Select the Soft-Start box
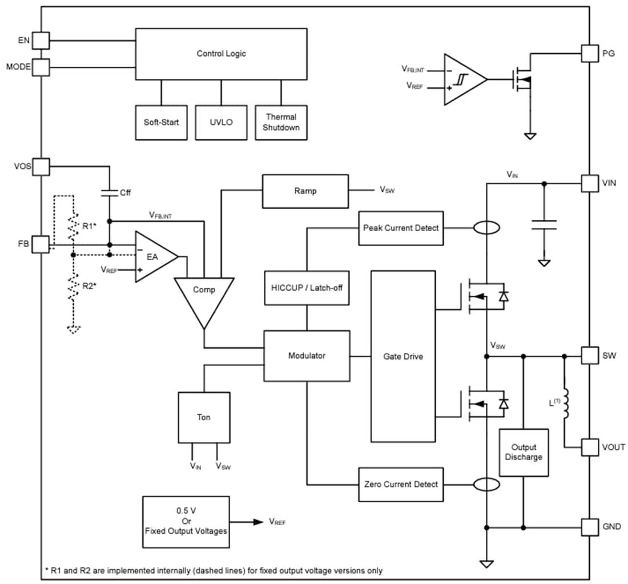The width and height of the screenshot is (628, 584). point(162,122)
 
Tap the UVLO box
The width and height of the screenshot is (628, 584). point(221,122)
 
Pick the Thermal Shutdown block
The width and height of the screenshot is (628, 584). point(281,122)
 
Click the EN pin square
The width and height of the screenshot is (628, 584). point(41,41)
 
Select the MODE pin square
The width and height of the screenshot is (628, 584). point(41,67)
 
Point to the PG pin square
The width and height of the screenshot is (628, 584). point(590,54)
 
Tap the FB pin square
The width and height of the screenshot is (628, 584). point(41,245)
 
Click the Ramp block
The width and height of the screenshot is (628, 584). point(305,191)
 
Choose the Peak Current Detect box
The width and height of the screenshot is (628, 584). point(401,228)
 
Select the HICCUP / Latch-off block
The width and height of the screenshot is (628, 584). point(307,288)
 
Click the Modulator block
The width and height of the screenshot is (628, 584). point(307,356)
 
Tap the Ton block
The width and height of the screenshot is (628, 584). point(204,417)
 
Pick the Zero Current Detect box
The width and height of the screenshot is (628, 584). point(401,484)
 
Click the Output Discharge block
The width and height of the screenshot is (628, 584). point(524,452)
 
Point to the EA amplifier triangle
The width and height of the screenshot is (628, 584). point(153,257)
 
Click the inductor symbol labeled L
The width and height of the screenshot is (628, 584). point(565,404)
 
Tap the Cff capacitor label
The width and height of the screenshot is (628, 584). point(125,192)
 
